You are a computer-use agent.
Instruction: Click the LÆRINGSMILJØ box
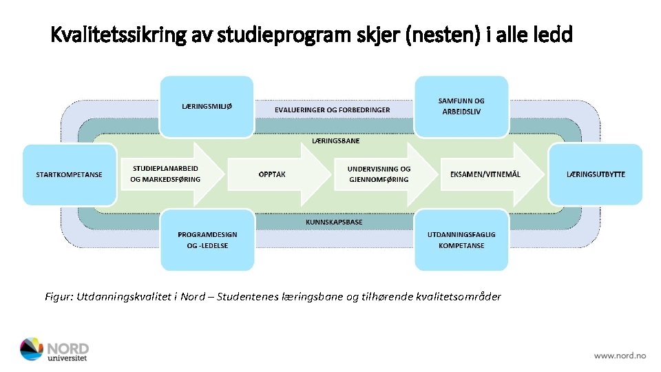tap(207, 106)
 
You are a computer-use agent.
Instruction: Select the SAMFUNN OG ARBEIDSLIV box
tap(461, 106)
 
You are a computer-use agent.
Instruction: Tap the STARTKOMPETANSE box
tap(69, 174)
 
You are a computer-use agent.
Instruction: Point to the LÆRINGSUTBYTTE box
tap(596, 174)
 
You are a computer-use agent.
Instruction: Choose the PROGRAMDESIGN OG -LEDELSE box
tap(207, 240)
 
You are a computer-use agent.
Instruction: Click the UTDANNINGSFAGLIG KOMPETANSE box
tap(461, 240)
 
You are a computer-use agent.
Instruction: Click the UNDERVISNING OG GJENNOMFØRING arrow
tap(382, 174)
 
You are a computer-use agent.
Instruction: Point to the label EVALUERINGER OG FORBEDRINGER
tap(332, 110)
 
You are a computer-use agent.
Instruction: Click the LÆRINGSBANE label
tap(335, 141)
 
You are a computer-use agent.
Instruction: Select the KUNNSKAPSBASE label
tap(334, 223)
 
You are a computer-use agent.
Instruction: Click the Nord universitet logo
tap(54, 349)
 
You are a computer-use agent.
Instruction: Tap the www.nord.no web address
tap(620, 355)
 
